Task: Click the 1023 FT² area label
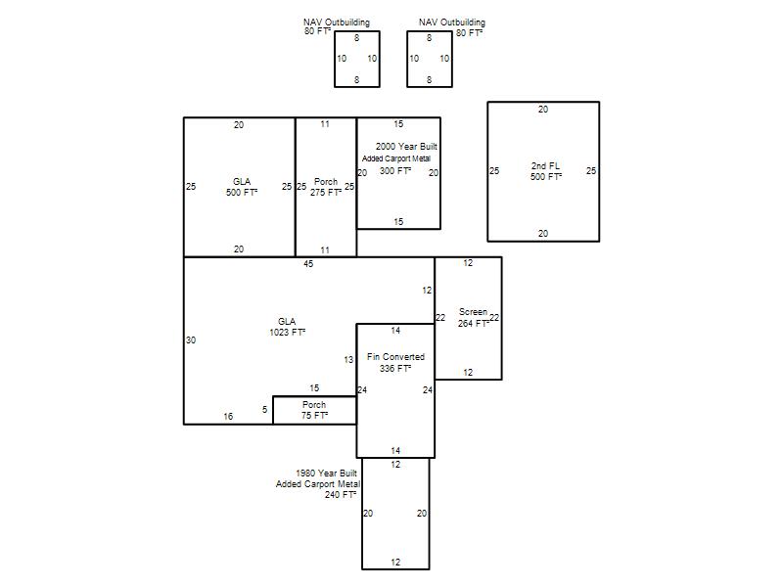[288, 333]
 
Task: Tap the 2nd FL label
[545, 166]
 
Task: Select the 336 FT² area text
[395, 369]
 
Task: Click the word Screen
[473, 312]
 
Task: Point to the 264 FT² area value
[474, 324]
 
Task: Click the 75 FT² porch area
[314, 415]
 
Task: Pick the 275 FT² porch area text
[326, 193]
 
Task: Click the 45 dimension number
[308, 263]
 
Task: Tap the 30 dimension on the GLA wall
[191, 339]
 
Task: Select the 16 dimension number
[228, 417]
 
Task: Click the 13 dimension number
[348, 359]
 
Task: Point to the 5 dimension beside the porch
[264, 410]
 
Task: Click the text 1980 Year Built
[327, 473]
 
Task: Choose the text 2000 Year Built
[406, 146]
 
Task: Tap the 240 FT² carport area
[341, 495]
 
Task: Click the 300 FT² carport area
[395, 170]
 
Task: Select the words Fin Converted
[395, 357]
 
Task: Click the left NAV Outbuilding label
[337, 23]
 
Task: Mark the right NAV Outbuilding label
[452, 23]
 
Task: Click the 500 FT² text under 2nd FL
[546, 177]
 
